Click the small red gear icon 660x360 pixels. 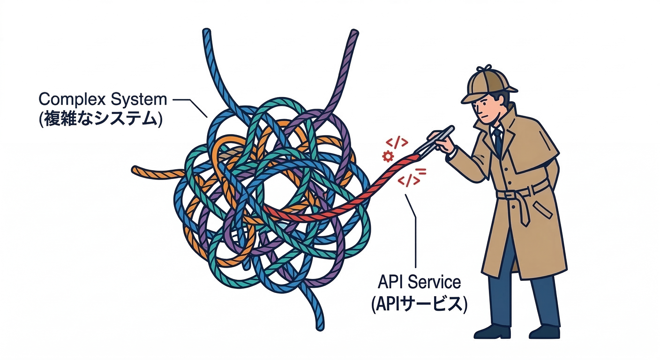[388, 156]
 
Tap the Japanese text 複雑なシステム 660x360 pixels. [100, 119]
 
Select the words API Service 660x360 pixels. [419, 282]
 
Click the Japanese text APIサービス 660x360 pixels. [419, 304]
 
